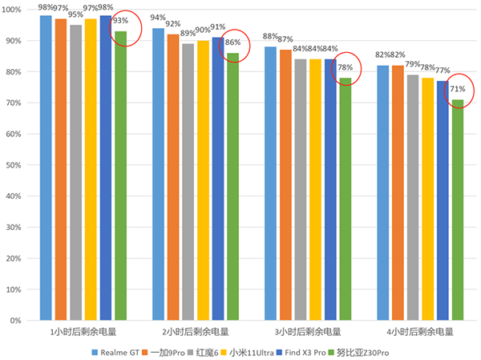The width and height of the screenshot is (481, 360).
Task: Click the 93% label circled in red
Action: pyautogui.click(x=121, y=21)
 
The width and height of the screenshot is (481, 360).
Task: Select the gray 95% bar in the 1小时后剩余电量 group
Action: pyautogui.click(x=75, y=172)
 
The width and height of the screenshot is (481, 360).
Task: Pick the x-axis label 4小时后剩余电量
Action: pyautogui.click(x=420, y=331)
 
